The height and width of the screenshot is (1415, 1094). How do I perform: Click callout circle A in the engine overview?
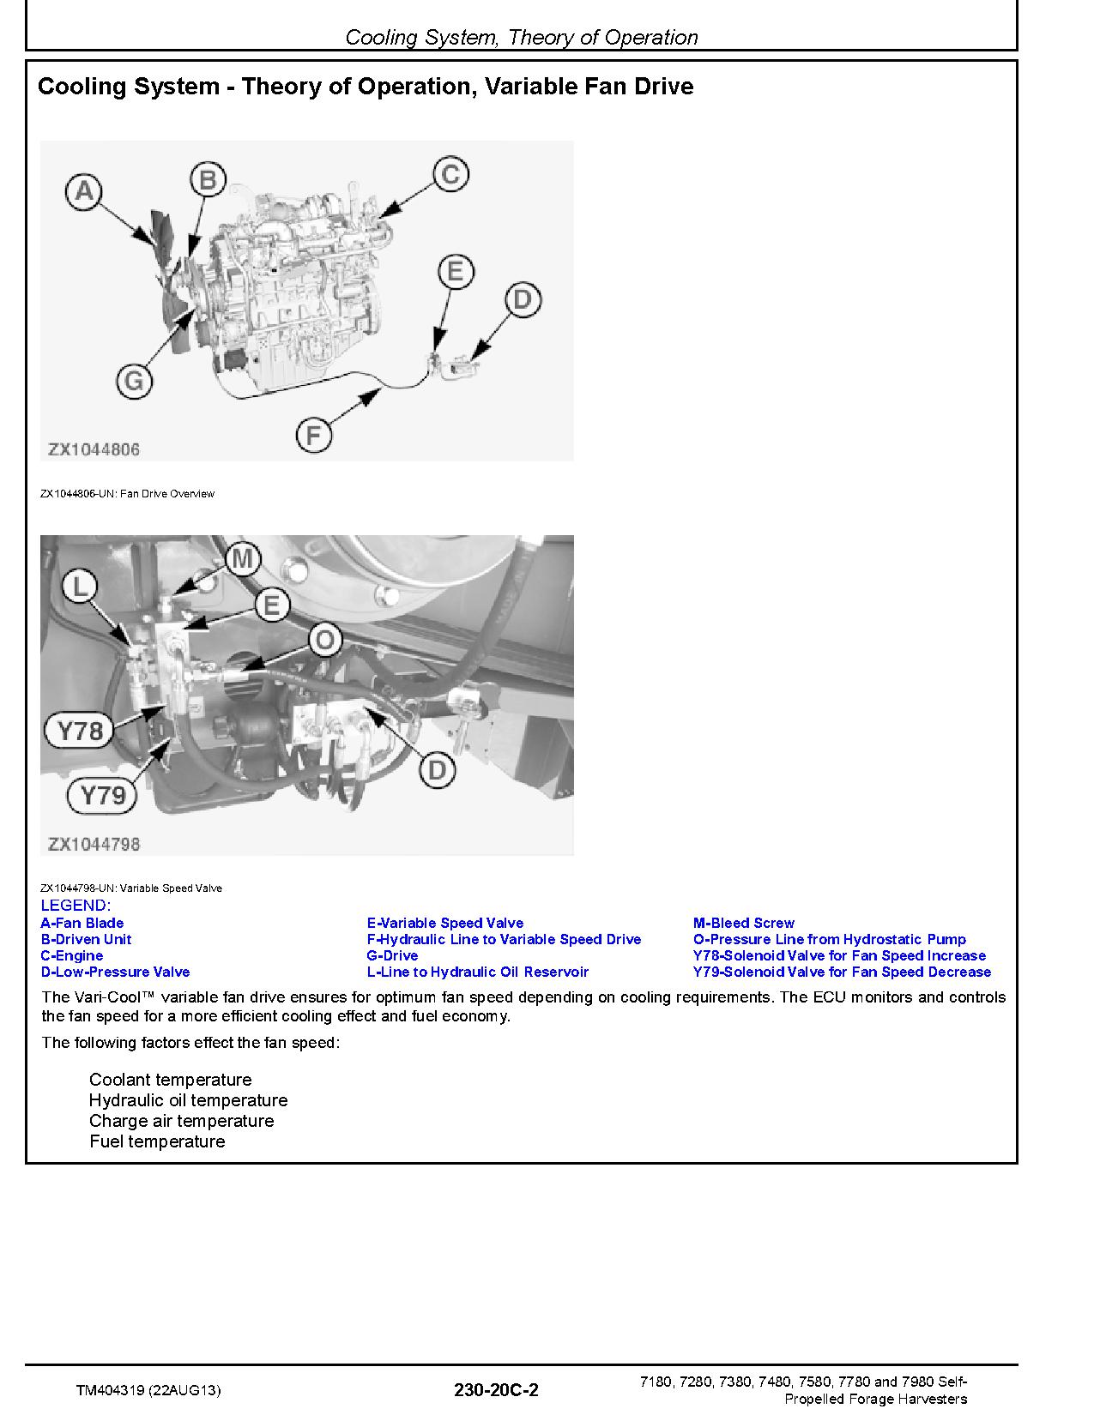coord(84,190)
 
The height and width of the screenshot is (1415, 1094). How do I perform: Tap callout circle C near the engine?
coord(450,174)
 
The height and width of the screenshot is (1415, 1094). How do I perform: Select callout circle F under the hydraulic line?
coord(313,436)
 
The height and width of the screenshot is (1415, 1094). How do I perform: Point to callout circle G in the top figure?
coord(134,381)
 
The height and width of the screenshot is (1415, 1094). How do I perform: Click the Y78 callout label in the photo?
coord(80,731)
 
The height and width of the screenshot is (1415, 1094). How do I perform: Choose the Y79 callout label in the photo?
coord(102,795)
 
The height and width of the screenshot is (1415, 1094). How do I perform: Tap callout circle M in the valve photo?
coord(242,559)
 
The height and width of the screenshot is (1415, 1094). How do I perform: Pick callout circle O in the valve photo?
coord(324,640)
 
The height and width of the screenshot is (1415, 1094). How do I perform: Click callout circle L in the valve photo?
coord(80,587)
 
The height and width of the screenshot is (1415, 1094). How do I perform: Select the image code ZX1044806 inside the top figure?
coord(94,449)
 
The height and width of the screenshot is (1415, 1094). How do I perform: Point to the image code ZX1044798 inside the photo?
coord(94,844)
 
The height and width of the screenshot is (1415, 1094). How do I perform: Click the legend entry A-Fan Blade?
coord(82,923)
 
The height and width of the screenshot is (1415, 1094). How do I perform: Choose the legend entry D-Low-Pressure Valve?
coord(115,972)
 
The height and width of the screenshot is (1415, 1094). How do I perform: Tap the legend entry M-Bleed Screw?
coord(743,923)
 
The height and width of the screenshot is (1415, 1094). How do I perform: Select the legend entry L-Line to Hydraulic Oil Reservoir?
coord(477,972)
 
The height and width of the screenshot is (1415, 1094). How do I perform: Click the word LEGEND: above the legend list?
coord(76,906)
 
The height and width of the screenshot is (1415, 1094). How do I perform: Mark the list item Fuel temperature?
coord(157,1141)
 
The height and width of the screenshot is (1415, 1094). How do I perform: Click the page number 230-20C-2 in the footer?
coord(498,1390)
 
